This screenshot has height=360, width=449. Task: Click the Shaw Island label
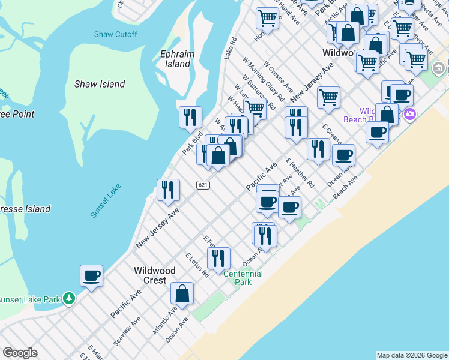100,84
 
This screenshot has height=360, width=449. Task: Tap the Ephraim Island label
177,59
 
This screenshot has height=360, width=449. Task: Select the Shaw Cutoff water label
115,34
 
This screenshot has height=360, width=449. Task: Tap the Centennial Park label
243,278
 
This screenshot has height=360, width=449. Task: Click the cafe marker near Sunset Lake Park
91,277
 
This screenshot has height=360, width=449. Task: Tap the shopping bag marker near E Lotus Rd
182,294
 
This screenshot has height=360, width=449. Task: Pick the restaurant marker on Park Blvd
190,118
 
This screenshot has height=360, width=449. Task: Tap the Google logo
20,353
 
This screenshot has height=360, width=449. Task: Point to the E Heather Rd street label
300,173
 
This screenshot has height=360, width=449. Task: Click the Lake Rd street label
231,49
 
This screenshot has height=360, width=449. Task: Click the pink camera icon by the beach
410,114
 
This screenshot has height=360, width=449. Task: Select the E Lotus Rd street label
197,265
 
